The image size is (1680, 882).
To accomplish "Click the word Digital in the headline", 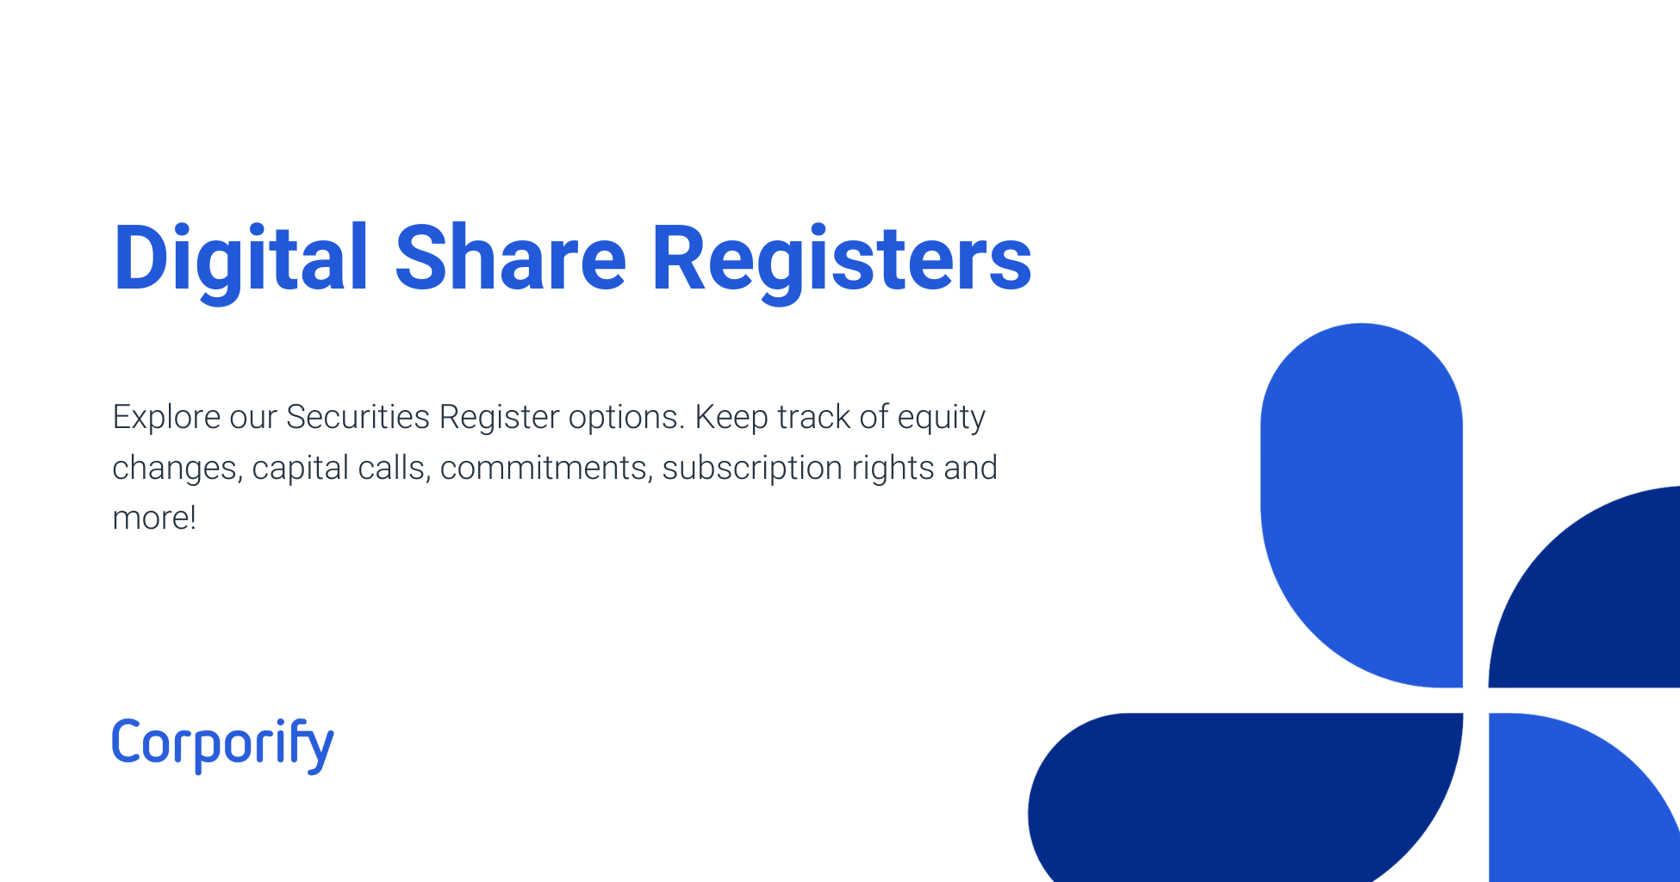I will click(241, 258).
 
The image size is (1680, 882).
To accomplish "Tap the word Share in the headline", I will click(510, 258).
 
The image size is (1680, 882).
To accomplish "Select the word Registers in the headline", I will click(841, 258).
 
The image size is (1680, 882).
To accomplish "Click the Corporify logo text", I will click(222, 743).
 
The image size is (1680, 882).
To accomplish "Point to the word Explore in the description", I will click(165, 418).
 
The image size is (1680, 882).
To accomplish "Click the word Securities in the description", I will click(358, 418).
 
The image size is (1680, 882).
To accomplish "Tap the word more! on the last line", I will click(154, 519).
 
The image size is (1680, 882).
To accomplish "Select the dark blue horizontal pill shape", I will click(1241, 797).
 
